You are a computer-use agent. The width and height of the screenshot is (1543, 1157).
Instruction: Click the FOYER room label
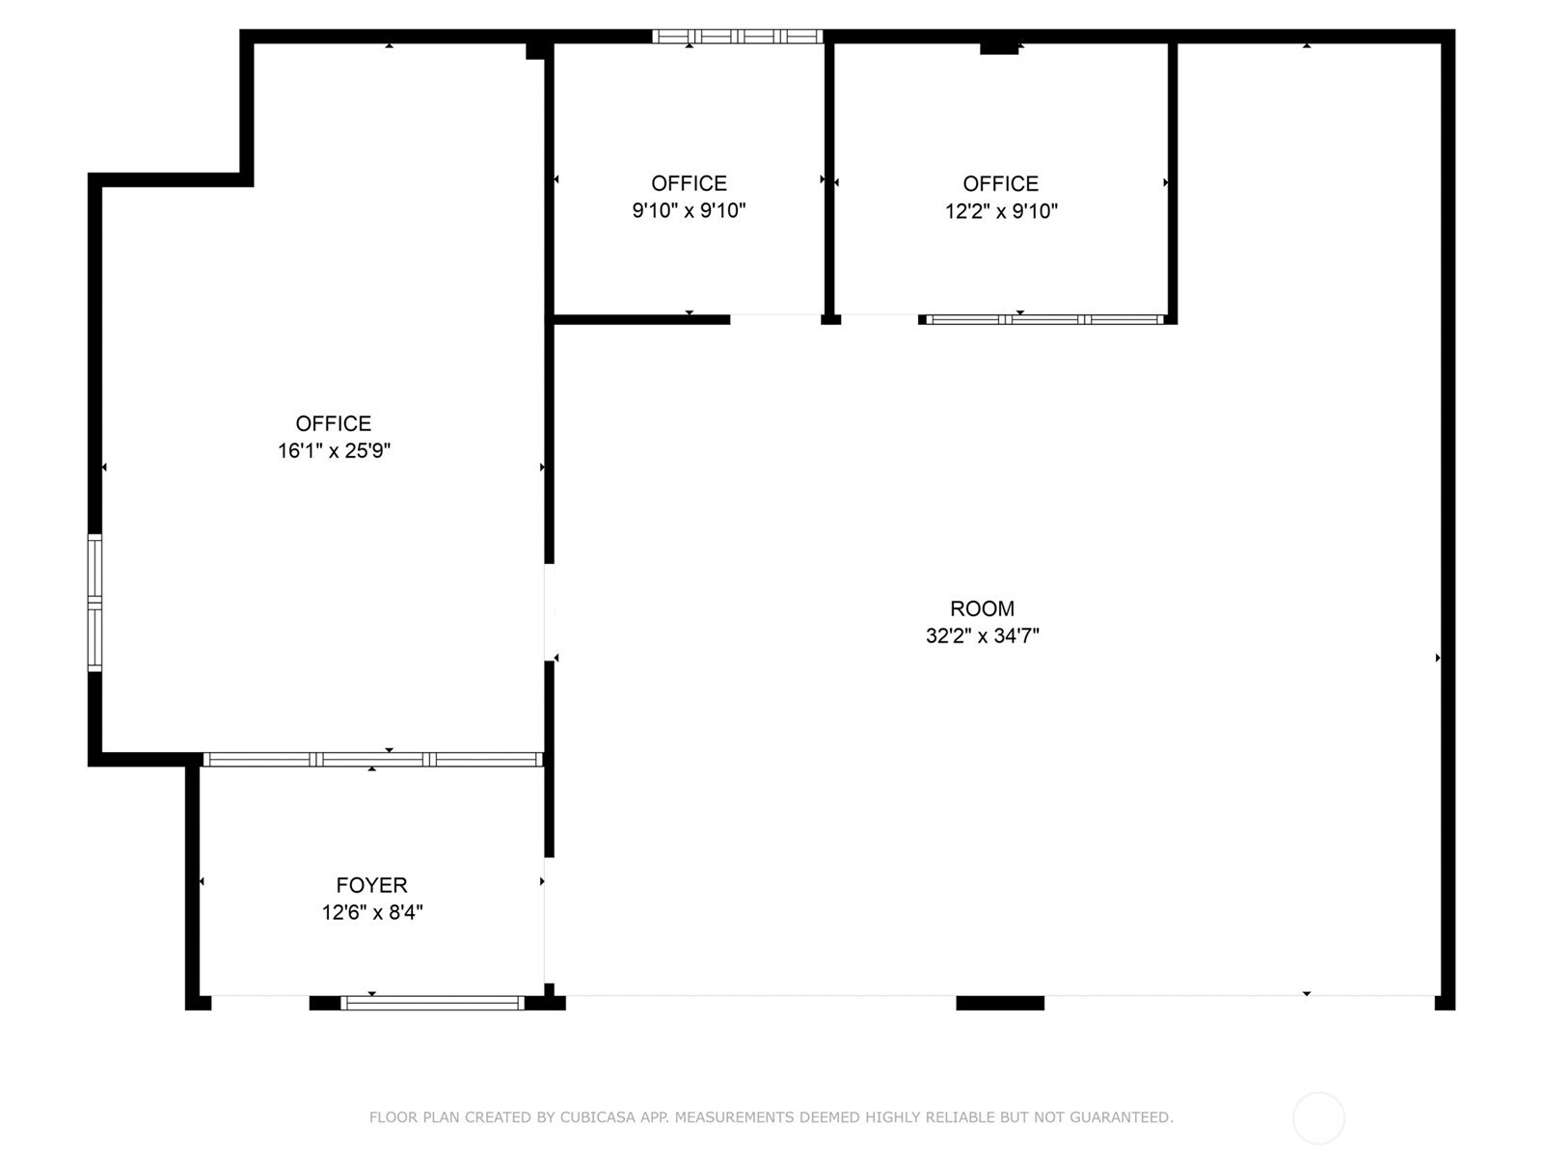click(371, 885)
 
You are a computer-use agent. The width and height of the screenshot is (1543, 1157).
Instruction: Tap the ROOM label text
click(982, 608)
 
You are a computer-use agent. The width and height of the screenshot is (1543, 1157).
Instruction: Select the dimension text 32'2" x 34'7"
click(982, 635)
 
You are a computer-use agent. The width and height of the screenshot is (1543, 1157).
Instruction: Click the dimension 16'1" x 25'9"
click(334, 450)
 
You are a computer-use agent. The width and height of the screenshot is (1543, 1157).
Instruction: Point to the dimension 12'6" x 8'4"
click(371, 912)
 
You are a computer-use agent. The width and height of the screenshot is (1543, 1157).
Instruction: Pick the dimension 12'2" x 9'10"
click(1001, 211)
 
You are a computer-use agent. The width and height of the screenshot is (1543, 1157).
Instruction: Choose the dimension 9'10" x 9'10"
click(689, 210)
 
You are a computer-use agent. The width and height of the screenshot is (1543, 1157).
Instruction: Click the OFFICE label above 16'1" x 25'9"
click(334, 423)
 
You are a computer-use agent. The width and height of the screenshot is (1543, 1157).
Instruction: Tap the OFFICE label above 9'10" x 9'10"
click(689, 183)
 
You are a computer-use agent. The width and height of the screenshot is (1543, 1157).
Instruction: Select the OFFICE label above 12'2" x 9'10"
click(1001, 183)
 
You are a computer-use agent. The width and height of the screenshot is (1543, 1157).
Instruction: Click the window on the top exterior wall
click(737, 37)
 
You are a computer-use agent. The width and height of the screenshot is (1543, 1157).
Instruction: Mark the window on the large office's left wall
click(95, 603)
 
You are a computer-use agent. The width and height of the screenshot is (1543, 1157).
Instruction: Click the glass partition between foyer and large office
click(373, 760)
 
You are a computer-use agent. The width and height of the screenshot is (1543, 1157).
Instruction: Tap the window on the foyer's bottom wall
click(432, 1004)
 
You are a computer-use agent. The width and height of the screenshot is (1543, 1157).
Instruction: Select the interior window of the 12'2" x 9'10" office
click(1043, 319)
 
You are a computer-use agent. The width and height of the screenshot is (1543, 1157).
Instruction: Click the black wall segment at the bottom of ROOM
click(999, 1004)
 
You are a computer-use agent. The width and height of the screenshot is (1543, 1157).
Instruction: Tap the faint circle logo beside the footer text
click(1318, 1117)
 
